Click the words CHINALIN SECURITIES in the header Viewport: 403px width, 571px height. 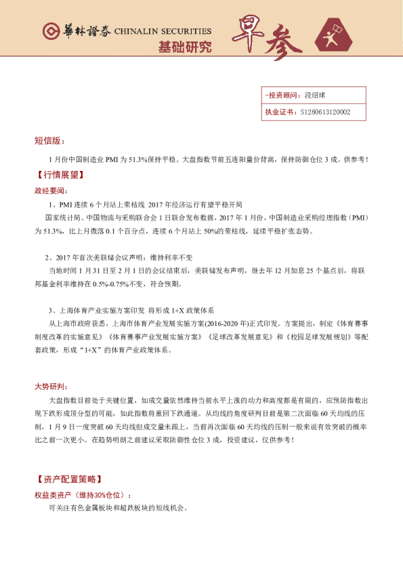pyautogui.click(x=163, y=32)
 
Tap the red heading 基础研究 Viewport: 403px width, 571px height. pyautogui.click(x=184, y=47)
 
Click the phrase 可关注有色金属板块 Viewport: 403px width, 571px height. pyautogui.click(x=78, y=508)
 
